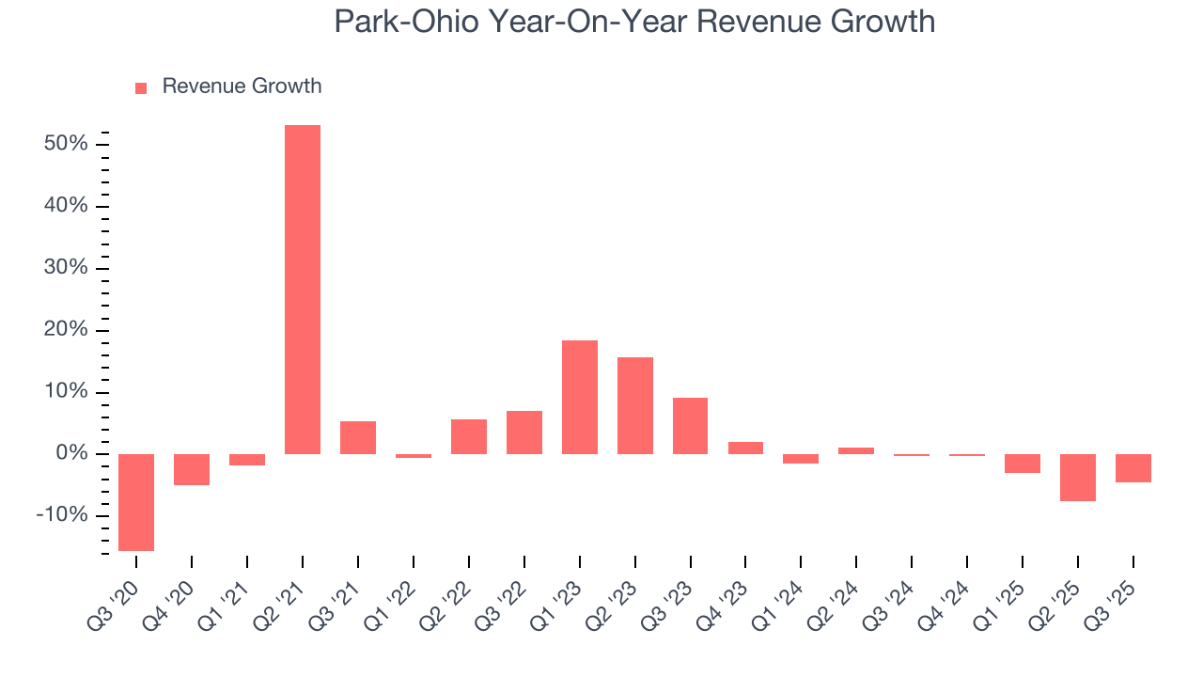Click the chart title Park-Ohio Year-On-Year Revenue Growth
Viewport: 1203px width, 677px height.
tap(634, 22)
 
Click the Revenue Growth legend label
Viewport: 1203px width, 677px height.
tap(242, 87)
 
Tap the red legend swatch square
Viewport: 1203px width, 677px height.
tap(141, 87)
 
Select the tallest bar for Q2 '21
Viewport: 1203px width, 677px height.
tap(303, 290)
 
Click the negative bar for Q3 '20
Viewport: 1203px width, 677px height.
tap(136, 502)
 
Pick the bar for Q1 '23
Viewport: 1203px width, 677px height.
tap(580, 397)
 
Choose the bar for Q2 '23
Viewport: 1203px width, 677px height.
tap(635, 405)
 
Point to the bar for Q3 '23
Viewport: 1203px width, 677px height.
tap(691, 426)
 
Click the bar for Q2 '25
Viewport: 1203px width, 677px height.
tap(1077, 478)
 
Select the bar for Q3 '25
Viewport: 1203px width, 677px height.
tap(1133, 468)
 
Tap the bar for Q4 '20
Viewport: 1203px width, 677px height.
tap(192, 469)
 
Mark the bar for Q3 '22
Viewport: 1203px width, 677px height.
tap(524, 433)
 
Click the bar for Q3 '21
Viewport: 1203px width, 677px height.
tap(358, 437)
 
